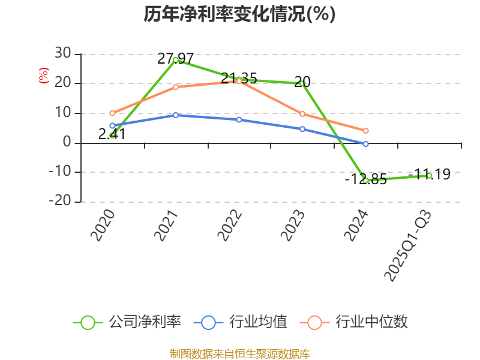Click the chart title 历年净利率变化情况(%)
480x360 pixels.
pos(239,14)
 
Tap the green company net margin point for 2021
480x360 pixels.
pos(175,60)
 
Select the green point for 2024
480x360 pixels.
pos(365,180)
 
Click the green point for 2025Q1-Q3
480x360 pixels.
pos(429,175)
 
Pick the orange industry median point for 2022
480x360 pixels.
pos(239,81)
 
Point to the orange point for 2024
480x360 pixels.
pos(365,130)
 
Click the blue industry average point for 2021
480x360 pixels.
pos(175,115)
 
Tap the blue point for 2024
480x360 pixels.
pos(365,144)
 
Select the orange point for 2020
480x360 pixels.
pos(112,113)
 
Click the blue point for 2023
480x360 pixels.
pos(302,129)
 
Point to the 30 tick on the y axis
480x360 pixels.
pos(62,54)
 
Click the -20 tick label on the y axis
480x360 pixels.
pos(59,202)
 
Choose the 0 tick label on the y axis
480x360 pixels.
pos(67,143)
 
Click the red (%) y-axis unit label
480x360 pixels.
pos(43,76)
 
